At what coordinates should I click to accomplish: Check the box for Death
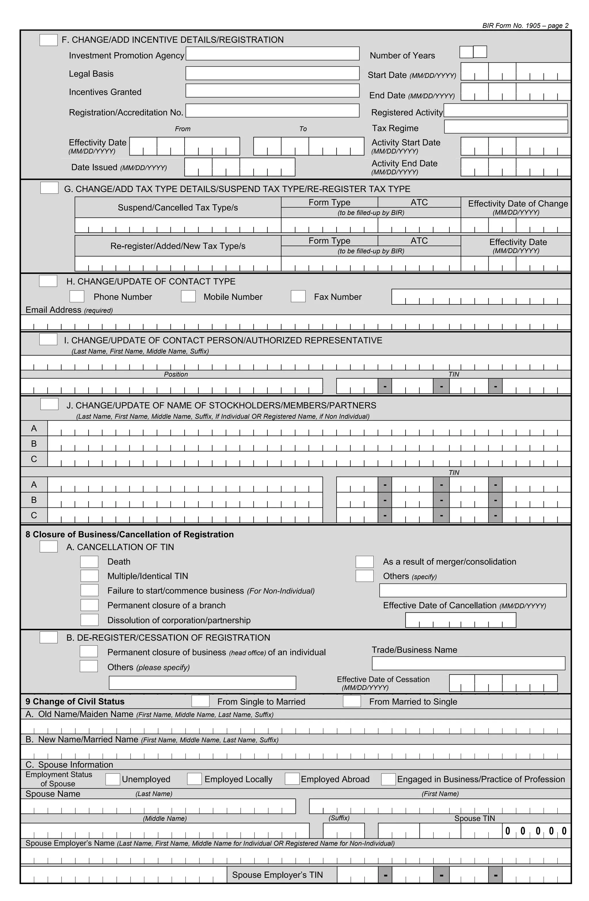(89, 562)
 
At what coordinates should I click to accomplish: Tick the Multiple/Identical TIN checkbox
(89, 576)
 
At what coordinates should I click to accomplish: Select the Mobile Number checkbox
(188, 296)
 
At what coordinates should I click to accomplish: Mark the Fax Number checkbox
(298, 296)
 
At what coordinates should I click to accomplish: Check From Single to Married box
(200, 701)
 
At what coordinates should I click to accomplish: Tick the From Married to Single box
(352, 701)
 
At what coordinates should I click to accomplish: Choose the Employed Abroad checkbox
(292, 779)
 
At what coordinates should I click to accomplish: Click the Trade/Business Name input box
(468, 663)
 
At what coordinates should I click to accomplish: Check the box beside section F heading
(48, 40)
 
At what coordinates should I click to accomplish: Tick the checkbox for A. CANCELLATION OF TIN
(48, 547)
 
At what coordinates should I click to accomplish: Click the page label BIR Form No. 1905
(525, 26)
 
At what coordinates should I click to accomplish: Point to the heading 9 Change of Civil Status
(75, 701)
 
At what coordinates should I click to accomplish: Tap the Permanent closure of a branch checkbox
(89, 605)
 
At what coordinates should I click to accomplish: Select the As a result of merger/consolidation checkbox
(364, 562)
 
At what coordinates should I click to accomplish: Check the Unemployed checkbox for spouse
(112, 779)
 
